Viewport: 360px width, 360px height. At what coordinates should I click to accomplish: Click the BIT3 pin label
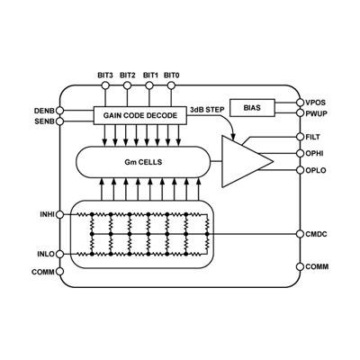(x=105, y=75)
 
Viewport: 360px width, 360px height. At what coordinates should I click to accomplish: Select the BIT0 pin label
(x=172, y=75)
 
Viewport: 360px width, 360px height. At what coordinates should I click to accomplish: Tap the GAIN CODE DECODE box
(x=140, y=115)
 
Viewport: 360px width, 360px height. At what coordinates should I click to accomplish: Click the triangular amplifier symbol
(x=243, y=160)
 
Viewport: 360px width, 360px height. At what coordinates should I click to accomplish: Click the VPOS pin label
(x=317, y=103)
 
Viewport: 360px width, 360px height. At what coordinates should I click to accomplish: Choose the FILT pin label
(x=315, y=137)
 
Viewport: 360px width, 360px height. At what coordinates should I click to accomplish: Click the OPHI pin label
(x=315, y=153)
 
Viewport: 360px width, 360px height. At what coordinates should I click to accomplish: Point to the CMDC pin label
(x=317, y=233)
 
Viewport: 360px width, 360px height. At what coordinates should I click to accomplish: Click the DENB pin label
(x=42, y=110)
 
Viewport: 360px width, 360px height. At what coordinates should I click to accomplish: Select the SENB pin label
(x=42, y=121)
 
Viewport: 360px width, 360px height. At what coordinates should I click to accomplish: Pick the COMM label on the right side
(x=317, y=266)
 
